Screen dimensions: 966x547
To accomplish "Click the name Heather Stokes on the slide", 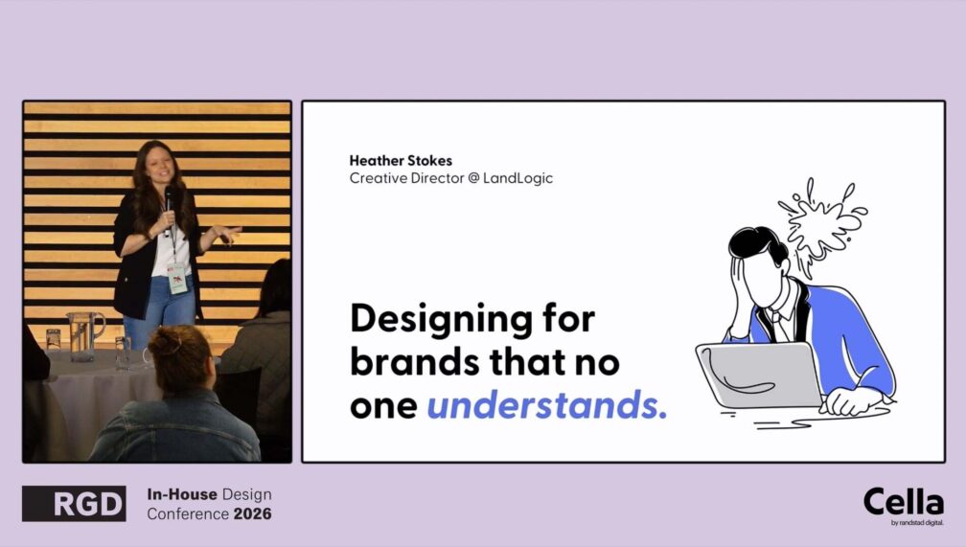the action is tap(401, 161).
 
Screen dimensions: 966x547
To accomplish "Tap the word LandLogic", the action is tap(517, 178).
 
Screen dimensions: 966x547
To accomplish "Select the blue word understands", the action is tap(547, 404).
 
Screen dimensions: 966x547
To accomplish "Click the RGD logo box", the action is tap(74, 503).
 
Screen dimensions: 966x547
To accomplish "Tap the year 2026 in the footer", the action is tap(253, 513).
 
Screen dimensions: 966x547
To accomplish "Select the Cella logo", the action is tap(903, 506).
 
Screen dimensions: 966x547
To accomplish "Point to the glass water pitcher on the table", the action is tap(83, 335).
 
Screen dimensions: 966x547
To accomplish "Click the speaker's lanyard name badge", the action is tap(177, 278).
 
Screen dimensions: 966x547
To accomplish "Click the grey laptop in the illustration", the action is tap(760, 374).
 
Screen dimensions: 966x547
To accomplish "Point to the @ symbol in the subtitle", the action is tap(473, 178).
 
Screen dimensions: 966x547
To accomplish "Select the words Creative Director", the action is tap(406, 178).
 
